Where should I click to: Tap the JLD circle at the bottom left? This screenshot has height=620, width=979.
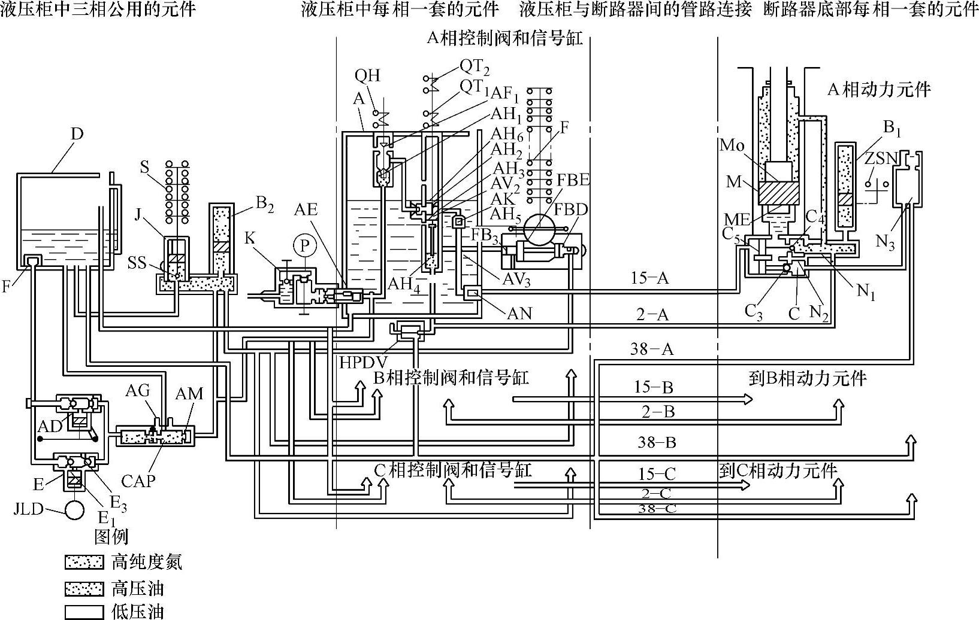[75, 510]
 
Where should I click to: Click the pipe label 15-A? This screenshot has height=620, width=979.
[649, 278]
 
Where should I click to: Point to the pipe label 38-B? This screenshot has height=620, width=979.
[657, 442]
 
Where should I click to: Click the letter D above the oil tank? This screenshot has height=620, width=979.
[77, 133]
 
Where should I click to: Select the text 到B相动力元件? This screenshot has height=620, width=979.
[807, 378]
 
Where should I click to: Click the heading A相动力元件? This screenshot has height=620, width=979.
[879, 90]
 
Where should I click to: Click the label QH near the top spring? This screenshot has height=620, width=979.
[367, 75]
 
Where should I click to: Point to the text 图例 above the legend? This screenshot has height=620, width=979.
[111, 536]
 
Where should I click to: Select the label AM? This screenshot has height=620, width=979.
[189, 394]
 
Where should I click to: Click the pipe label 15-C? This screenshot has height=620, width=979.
[657, 474]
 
